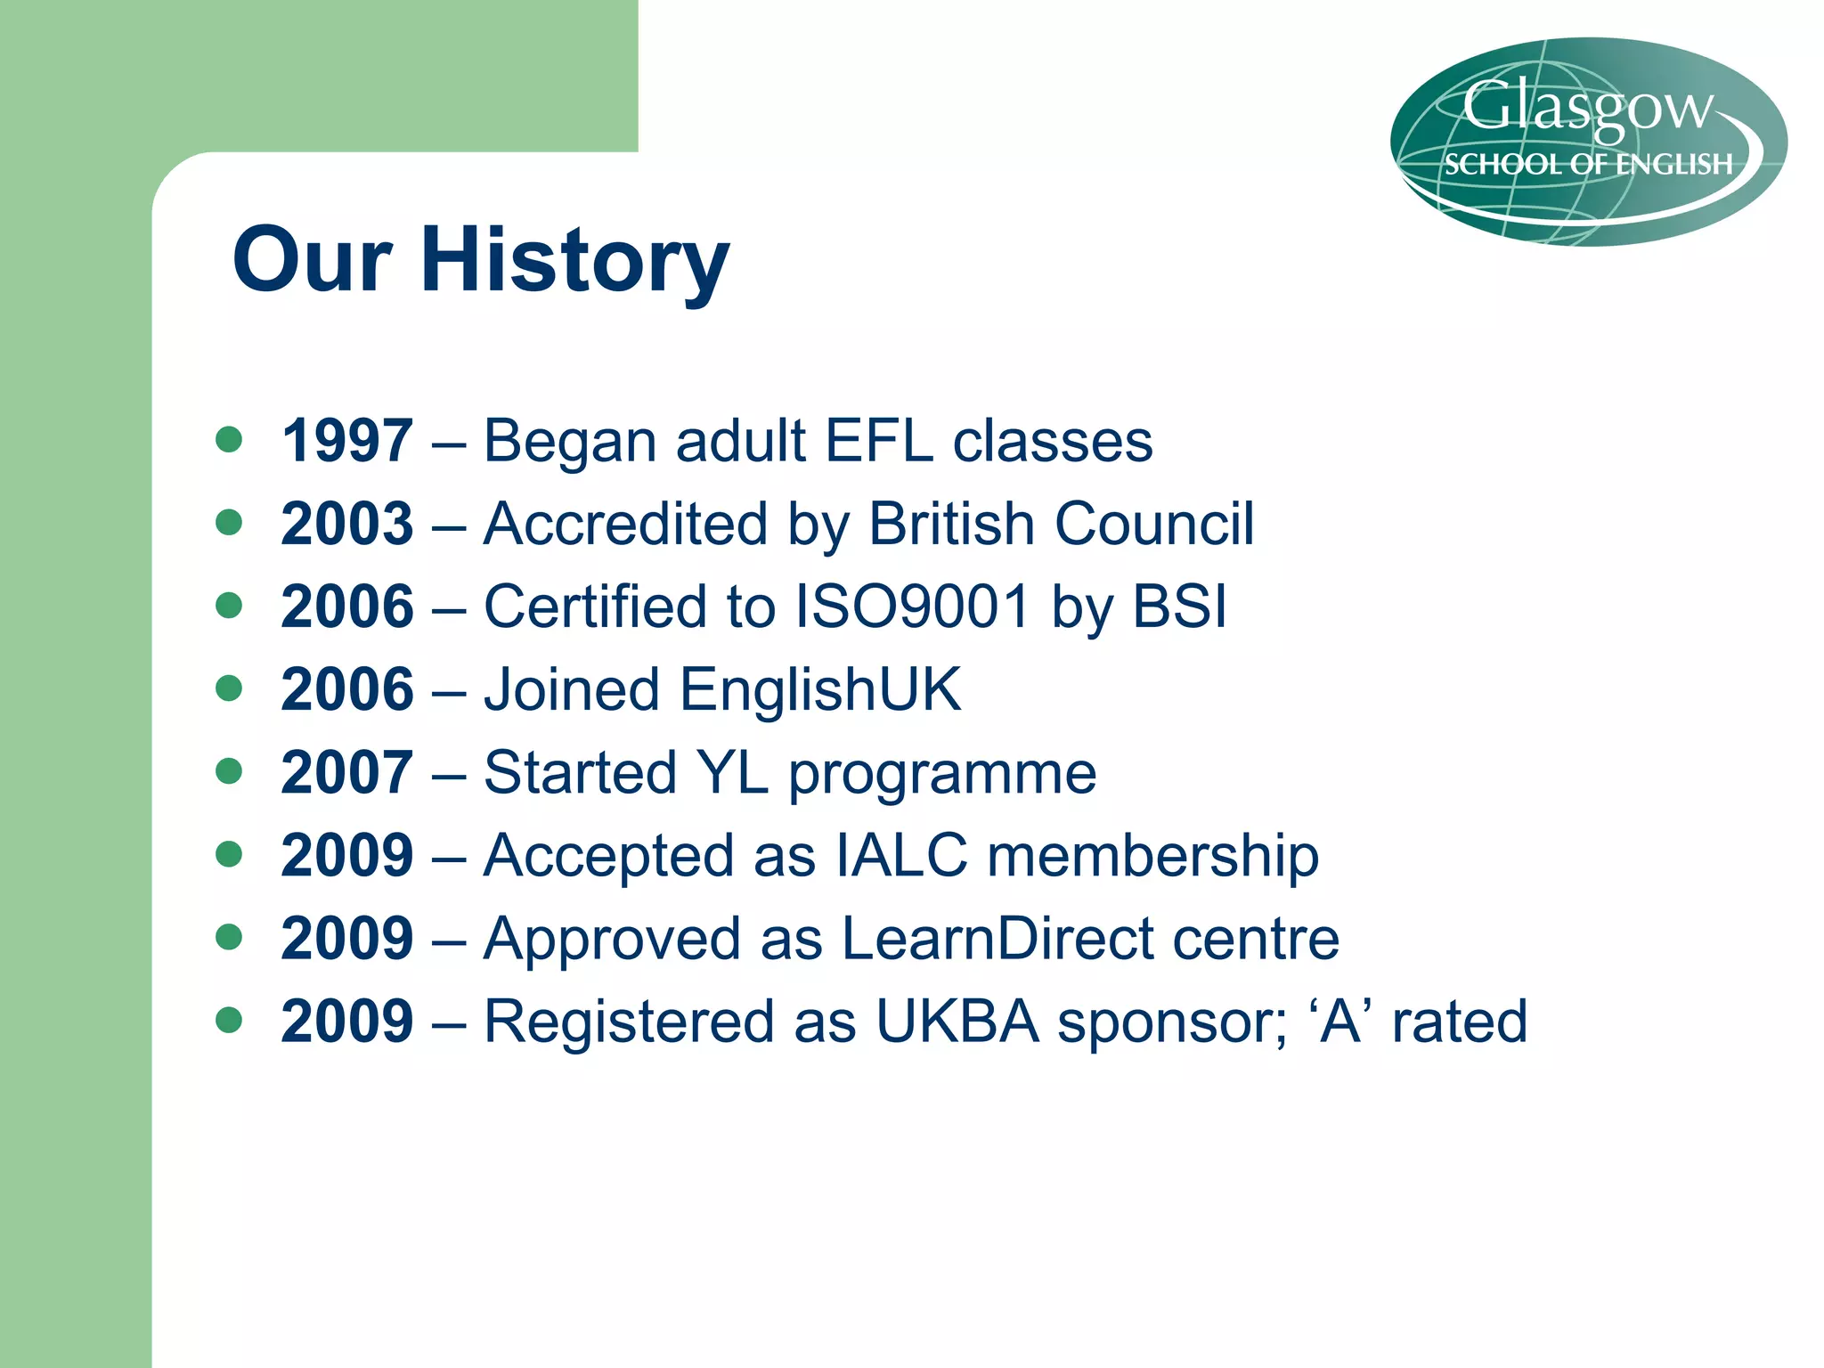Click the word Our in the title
(x=312, y=260)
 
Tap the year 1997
(x=346, y=441)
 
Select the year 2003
(x=346, y=524)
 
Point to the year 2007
(x=346, y=772)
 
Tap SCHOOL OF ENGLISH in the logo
(x=1588, y=165)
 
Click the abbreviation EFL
(x=879, y=441)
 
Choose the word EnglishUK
(x=820, y=689)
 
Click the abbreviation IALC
(x=901, y=855)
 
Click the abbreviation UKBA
(x=957, y=1021)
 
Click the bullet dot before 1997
(x=229, y=439)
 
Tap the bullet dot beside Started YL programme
(x=229, y=770)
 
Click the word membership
(x=1152, y=855)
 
